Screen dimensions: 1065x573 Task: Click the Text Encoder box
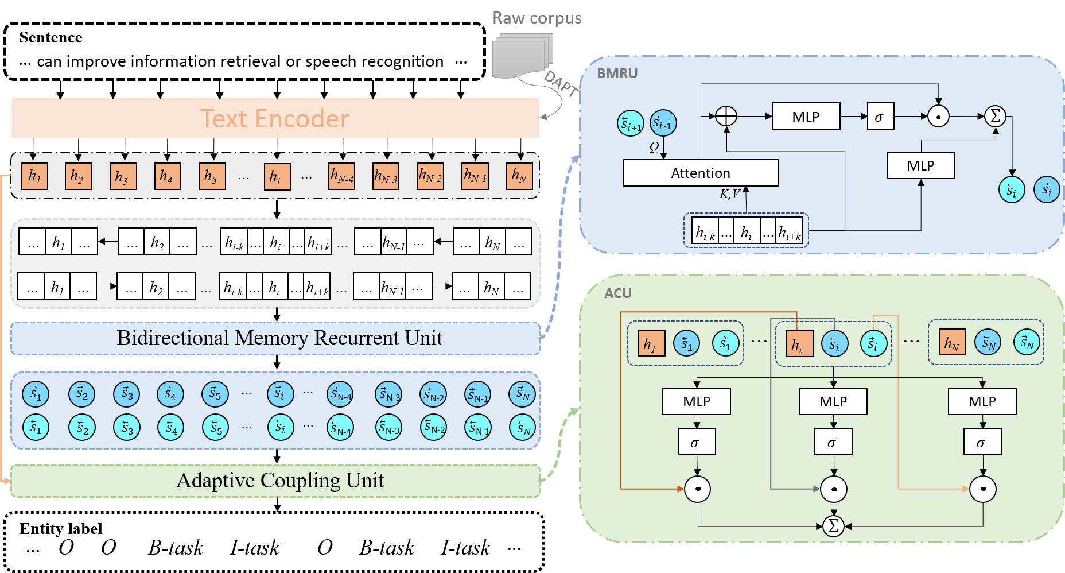coord(275,118)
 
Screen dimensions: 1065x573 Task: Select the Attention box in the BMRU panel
coord(701,173)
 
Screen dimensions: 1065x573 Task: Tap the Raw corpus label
coord(537,18)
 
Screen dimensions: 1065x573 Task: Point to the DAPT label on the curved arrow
coord(560,84)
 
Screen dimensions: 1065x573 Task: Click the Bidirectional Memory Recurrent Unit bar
coord(275,338)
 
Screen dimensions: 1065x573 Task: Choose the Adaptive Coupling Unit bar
coord(275,481)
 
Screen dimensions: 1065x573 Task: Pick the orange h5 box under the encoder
coord(212,176)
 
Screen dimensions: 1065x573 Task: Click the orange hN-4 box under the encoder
coord(341,176)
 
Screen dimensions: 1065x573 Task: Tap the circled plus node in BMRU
coord(726,116)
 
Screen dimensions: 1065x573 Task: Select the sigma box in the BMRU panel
coord(880,117)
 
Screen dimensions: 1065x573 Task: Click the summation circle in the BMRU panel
coord(996,116)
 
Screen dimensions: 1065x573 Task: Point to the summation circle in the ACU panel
coord(833,525)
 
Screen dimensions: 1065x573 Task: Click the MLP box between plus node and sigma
coord(806,117)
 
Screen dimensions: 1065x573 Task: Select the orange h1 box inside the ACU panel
coord(652,343)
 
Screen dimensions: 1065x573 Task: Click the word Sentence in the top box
coord(50,37)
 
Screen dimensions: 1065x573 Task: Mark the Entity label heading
coord(61,529)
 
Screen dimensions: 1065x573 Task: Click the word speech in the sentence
coord(330,61)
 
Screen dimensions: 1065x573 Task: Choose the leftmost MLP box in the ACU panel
coord(697,401)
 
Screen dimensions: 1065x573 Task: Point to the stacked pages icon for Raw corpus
coord(522,55)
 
